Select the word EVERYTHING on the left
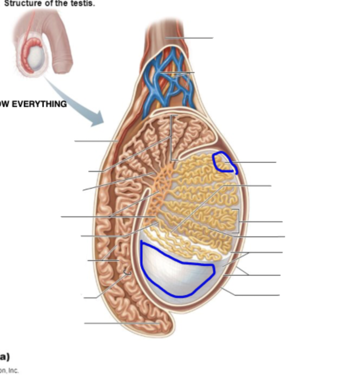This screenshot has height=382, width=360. tap(39, 104)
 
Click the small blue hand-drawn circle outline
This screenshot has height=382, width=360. tap(225, 162)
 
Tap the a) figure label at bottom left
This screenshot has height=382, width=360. tap(4, 357)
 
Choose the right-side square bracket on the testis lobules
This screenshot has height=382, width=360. tap(238, 221)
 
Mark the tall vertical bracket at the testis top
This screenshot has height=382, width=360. tap(171, 137)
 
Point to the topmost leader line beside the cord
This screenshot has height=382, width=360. tap(189, 38)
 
